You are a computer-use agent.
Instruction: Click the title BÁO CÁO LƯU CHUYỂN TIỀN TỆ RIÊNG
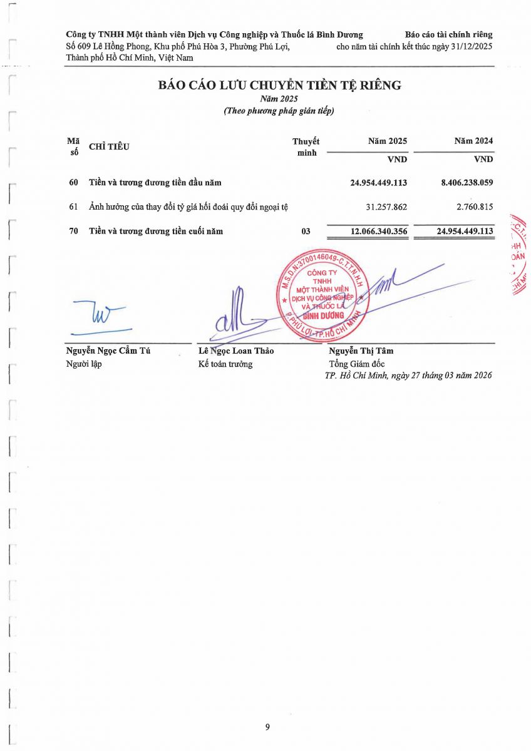point(279,86)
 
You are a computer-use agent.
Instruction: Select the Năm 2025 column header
point(388,141)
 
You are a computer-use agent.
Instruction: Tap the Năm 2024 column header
point(473,141)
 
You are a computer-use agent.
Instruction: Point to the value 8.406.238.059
point(467,183)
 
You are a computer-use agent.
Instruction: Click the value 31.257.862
point(386,207)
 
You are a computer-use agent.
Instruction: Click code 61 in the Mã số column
point(74,207)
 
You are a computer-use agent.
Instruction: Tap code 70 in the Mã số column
point(74,232)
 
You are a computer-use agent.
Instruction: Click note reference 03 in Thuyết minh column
point(306,232)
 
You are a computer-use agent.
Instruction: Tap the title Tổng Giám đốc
point(357,364)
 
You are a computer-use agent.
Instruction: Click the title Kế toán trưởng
point(225,364)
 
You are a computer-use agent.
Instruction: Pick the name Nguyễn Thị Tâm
point(361,351)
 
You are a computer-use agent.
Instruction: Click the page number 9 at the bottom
point(267,727)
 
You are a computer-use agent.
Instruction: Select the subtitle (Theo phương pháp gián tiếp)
point(279,111)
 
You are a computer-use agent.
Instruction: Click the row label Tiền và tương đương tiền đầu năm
point(155,183)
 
